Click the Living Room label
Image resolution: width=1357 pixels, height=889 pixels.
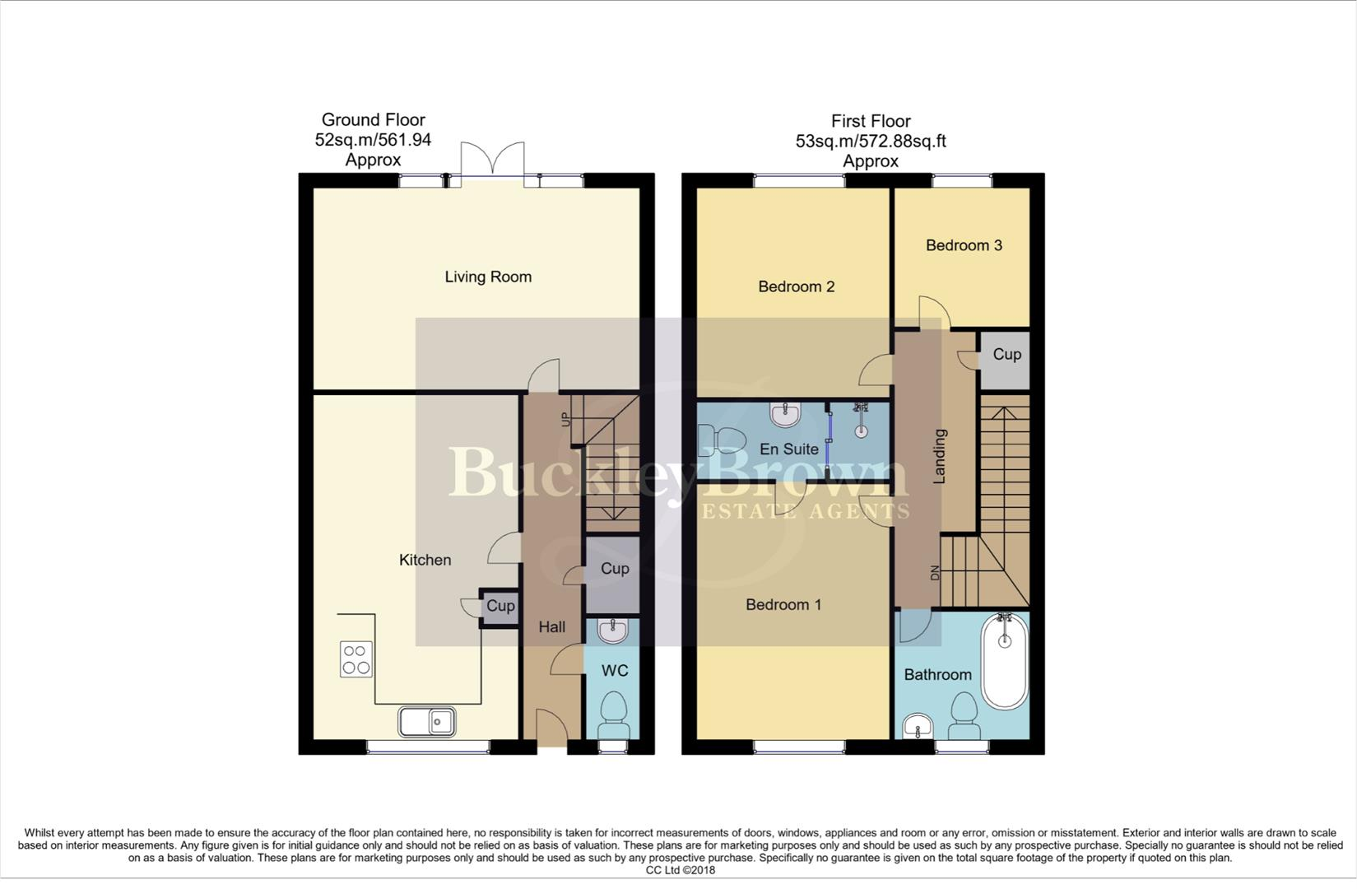[x=488, y=277]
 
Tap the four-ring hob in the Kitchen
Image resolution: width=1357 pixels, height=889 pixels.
[x=356, y=659]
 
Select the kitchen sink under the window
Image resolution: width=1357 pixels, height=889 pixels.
[x=427, y=722]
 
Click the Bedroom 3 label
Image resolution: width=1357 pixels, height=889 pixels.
[x=964, y=245]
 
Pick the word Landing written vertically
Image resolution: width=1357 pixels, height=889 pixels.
[x=939, y=456]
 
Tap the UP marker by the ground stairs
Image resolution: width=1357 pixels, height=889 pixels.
[x=565, y=418]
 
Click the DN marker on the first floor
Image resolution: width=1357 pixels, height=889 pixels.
[x=934, y=573]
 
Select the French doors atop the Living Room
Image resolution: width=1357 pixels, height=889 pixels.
[x=492, y=161]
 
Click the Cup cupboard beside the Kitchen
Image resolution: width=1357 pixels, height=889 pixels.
[x=500, y=607]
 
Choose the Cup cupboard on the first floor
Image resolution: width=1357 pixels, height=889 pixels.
[x=1006, y=355]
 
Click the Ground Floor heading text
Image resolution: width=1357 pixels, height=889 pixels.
[x=373, y=120]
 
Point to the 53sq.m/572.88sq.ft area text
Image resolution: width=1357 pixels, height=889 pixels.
[x=871, y=142]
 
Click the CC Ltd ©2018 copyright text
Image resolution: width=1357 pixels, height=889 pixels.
[x=680, y=870]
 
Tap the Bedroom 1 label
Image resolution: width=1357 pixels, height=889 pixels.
[x=783, y=605]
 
